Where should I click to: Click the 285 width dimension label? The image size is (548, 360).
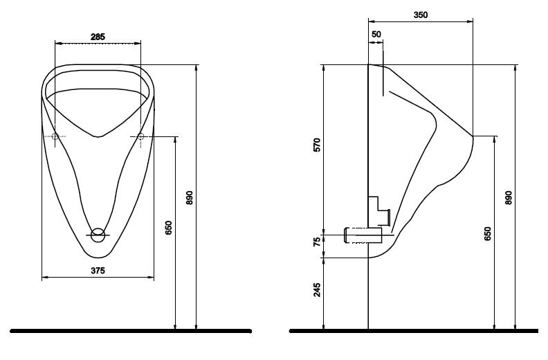click(x=98, y=37)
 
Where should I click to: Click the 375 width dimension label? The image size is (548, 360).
click(x=98, y=271)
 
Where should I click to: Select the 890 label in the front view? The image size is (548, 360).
click(x=190, y=198)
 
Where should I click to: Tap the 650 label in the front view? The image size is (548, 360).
click(x=168, y=228)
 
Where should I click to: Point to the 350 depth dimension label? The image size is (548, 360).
click(x=421, y=15)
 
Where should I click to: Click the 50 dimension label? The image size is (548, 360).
click(x=376, y=35)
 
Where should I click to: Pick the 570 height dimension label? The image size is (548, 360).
click(x=317, y=145)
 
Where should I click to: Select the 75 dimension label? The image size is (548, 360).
click(x=317, y=242)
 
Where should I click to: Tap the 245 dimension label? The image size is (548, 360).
click(x=317, y=290)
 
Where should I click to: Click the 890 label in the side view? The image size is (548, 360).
click(x=509, y=198)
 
